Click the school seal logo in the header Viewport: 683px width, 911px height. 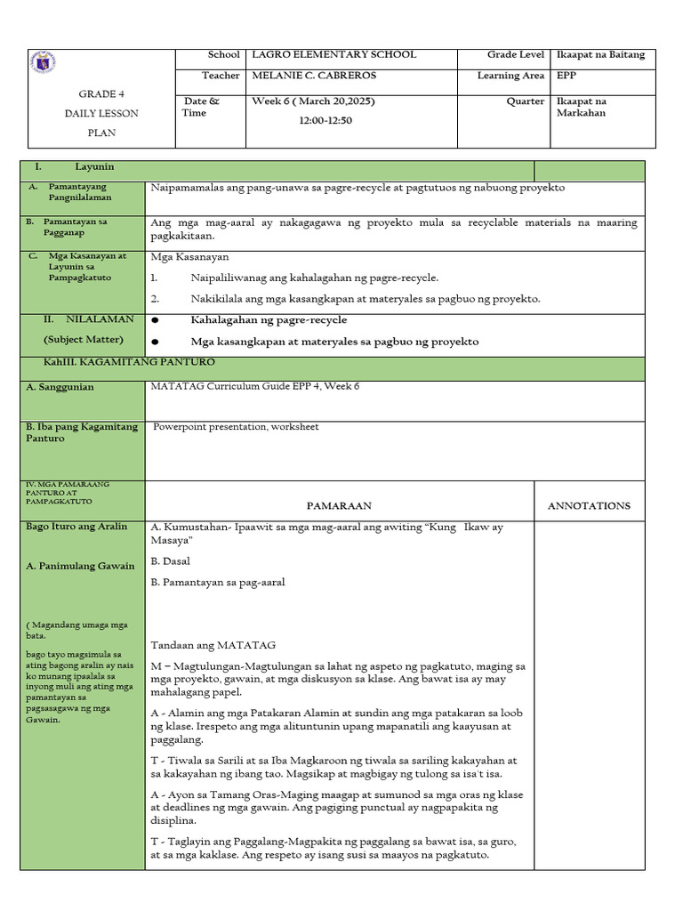coord(44,65)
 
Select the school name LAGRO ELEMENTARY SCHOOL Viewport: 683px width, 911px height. coord(334,55)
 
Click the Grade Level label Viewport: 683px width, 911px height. coord(515,55)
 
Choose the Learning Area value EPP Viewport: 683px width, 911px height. coord(566,77)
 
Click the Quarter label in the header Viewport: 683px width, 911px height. coord(526,101)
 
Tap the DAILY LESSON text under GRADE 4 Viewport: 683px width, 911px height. coord(101,114)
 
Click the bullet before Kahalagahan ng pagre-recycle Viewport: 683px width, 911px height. coord(156,320)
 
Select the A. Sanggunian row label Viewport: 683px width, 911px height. coord(60,387)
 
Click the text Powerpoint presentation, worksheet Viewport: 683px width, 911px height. coord(236,427)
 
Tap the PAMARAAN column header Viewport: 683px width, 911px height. coord(339,505)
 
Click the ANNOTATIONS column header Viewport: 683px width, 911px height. coord(589,505)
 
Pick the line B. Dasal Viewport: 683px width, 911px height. coord(171,561)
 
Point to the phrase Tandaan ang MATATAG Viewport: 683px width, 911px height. coord(213,644)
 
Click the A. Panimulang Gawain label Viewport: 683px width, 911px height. coord(81,566)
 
